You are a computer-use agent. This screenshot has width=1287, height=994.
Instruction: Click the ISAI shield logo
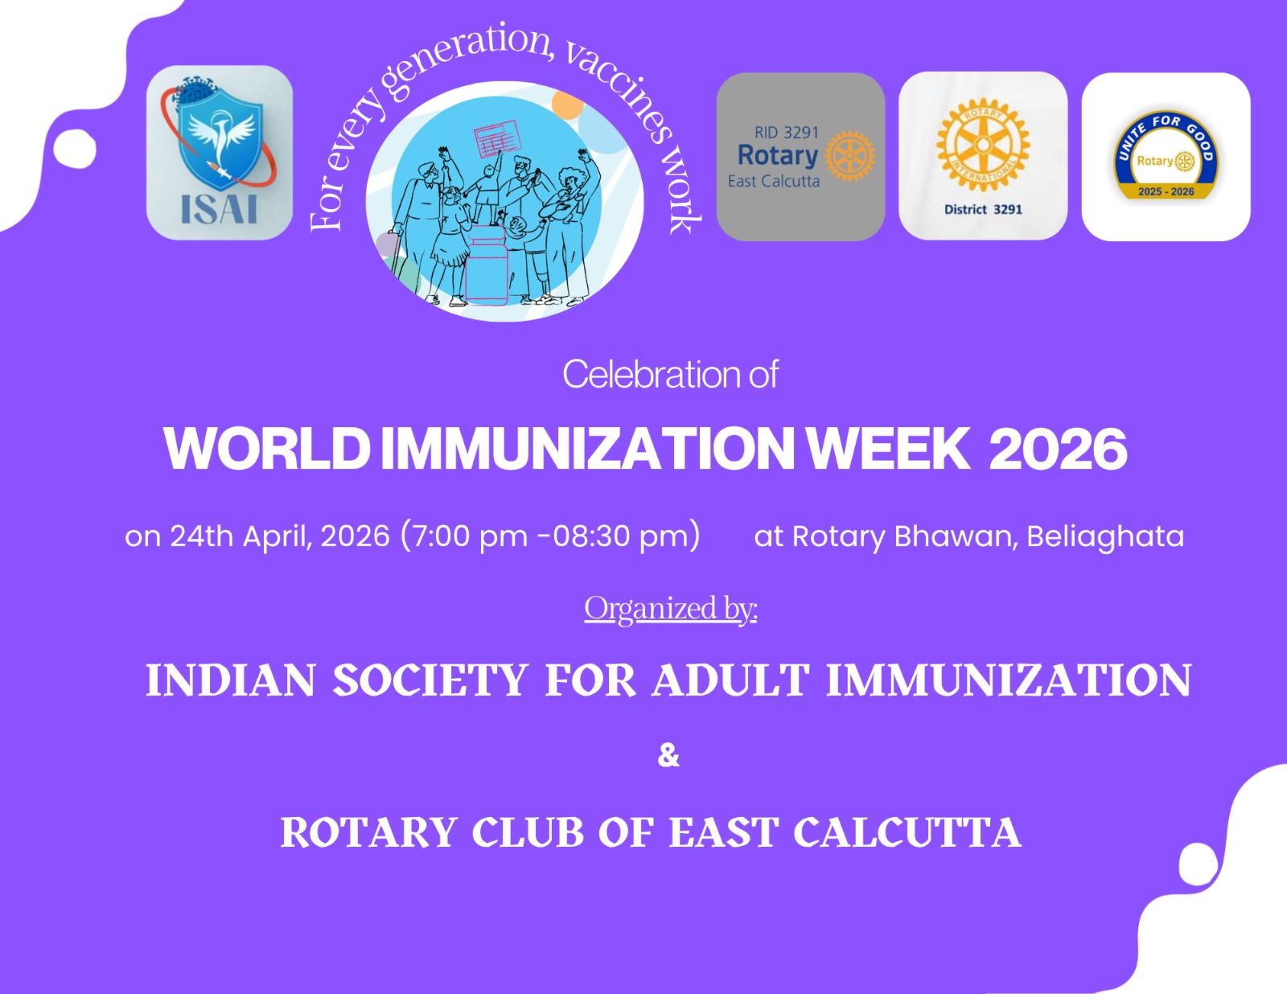click(219, 152)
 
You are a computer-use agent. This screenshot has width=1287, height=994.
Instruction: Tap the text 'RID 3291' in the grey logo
click(786, 133)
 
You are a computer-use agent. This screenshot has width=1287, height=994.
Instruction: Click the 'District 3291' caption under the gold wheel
click(983, 209)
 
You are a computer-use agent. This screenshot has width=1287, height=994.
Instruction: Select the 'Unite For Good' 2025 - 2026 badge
click(1166, 155)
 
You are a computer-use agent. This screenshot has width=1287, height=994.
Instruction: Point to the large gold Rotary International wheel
click(983, 145)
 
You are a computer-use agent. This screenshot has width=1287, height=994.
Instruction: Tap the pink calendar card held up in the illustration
click(496, 138)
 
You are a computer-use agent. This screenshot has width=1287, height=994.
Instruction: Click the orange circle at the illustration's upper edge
click(567, 105)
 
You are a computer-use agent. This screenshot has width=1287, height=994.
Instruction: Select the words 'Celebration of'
click(671, 374)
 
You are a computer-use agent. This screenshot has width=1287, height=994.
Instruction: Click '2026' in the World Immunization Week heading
click(1059, 450)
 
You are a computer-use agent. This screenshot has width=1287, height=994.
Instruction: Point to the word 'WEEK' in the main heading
click(889, 449)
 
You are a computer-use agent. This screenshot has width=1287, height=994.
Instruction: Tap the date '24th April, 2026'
click(280, 536)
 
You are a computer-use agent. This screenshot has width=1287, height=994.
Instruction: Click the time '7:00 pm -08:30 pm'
click(550, 536)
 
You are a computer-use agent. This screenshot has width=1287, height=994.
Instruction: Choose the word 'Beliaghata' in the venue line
click(1105, 537)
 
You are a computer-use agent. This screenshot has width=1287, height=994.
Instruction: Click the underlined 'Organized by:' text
click(671, 609)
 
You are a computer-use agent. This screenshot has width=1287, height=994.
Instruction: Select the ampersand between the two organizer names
click(668, 756)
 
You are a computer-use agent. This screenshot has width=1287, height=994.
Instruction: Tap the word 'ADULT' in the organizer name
click(730, 680)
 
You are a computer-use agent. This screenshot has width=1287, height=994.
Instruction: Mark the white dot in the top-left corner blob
click(75, 149)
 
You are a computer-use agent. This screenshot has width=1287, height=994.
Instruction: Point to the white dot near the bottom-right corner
click(1199, 865)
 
